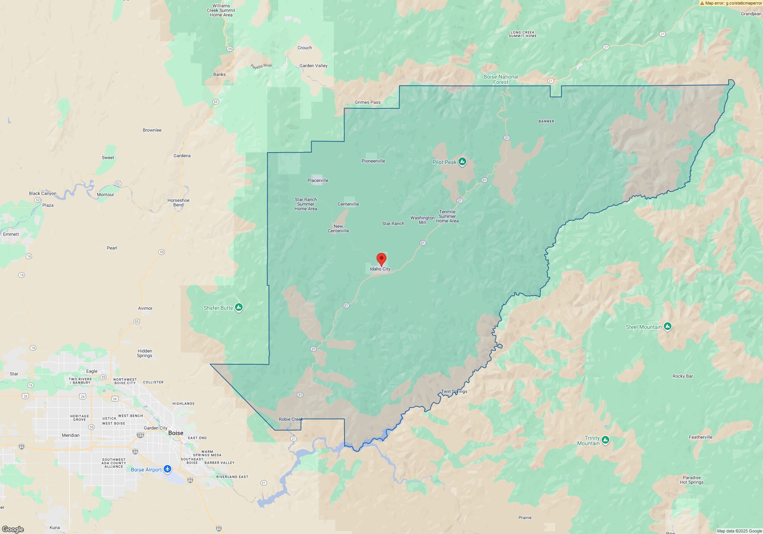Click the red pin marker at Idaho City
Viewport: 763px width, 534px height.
(x=381, y=259)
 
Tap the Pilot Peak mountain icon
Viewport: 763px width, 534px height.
(x=462, y=162)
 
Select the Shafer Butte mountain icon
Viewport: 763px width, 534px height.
(x=239, y=307)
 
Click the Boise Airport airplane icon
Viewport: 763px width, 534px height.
(x=167, y=469)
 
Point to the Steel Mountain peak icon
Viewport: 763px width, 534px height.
(x=667, y=326)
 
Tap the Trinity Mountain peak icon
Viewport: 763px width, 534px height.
(x=605, y=440)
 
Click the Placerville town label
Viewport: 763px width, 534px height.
(x=318, y=180)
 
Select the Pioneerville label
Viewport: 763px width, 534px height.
(x=373, y=161)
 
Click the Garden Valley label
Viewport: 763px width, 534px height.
(x=313, y=66)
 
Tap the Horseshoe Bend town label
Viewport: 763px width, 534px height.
(x=178, y=203)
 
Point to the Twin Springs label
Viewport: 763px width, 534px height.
(x=454, y=391)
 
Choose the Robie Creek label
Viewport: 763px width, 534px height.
(x=291, y=419)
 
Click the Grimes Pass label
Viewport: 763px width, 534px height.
(x=367, y=102)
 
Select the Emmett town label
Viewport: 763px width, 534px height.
(x=11, y=234)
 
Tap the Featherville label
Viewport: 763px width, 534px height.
(x=700, y=437)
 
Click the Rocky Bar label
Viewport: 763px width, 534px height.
(x=683, y=376)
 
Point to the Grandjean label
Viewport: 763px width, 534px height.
(x=751, y=14)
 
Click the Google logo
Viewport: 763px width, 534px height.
(x=13, y=529)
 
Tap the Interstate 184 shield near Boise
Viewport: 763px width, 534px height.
(x=140, y=435)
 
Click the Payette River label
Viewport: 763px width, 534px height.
(x=261, y=66)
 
